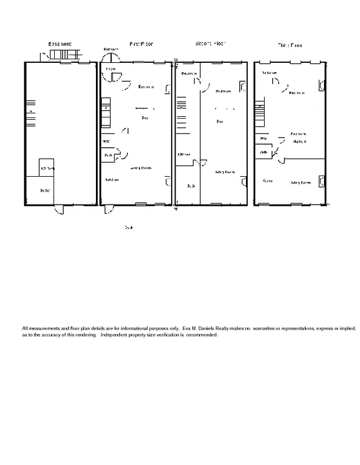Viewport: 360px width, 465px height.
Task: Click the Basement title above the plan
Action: point(60,44)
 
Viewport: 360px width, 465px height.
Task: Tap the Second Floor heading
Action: point(211,44)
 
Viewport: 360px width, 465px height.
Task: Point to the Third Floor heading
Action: point(289,45)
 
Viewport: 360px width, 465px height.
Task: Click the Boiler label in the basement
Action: point(45,191)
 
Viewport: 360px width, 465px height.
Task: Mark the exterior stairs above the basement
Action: point(64,55)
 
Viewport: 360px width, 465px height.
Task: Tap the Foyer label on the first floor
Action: point(111,69)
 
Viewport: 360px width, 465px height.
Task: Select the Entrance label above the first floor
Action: point(111,49)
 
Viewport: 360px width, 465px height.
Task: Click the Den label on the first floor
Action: point(144,118)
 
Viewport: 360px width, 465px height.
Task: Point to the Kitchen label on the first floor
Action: point(112,180)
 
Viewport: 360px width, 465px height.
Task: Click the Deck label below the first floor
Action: point(129,227)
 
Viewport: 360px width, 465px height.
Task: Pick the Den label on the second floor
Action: point(219,121)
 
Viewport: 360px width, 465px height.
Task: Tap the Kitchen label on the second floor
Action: point(184,154)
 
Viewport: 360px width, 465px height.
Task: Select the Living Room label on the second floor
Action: point(225,172)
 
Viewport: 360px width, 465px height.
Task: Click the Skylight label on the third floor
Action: point(300,141)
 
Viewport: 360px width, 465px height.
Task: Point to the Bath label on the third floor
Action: point(263,152)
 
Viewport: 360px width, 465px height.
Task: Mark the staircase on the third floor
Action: point(260,114)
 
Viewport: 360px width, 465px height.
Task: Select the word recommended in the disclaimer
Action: point(202,335)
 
